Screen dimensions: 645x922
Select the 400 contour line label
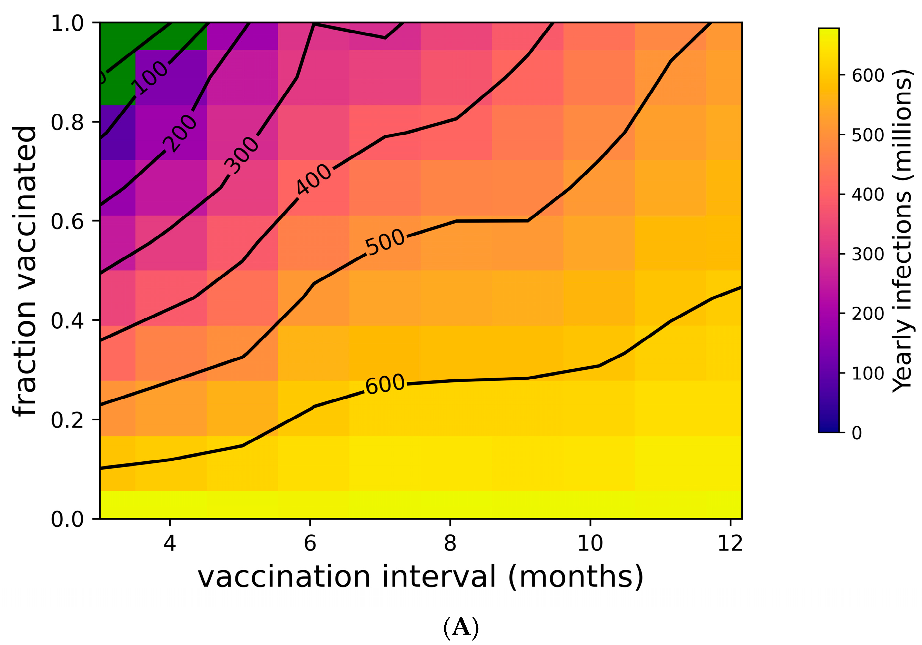314,180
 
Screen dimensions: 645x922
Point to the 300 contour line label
241,155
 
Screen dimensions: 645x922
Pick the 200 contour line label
180,134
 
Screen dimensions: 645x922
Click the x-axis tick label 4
170,543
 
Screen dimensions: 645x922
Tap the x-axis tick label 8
450,543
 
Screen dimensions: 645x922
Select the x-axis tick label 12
730,543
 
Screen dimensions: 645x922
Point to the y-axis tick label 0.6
67,221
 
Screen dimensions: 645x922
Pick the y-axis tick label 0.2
67,420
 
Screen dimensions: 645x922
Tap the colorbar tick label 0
857,433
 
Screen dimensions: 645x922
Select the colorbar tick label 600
868,75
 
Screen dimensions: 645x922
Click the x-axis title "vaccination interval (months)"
421,577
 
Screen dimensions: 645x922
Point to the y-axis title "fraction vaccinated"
25,271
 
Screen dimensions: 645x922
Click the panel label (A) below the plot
461,627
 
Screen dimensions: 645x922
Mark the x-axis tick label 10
590,543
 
